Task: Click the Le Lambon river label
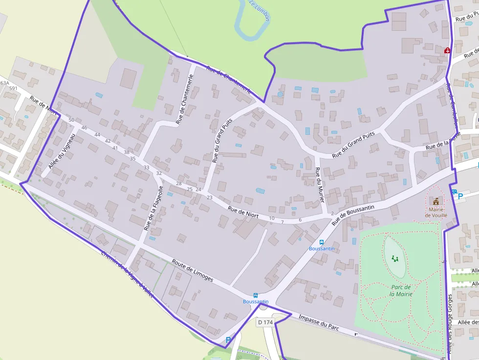[260, 11]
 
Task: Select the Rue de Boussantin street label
[353, 214]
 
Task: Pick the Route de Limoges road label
[192, 270]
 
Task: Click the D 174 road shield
[265, 322]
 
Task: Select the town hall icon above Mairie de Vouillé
[435, 201]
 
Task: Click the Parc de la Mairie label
[400, 291]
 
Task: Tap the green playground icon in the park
[394, 258]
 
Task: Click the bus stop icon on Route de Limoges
[256, 295]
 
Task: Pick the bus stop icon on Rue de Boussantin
[322, 242]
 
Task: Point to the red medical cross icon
[447, 50]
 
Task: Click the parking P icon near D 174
[228, 339]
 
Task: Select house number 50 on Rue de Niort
[71, 120]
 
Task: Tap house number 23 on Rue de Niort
[210, 197]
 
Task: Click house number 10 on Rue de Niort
[272, 218]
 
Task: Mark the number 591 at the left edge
[13, 88]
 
